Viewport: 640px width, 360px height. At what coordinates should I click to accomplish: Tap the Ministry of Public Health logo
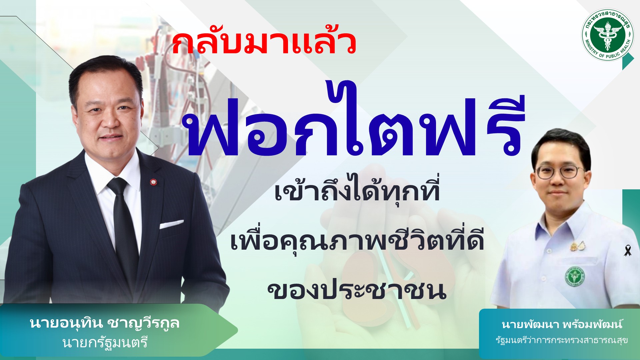tap(608, 35)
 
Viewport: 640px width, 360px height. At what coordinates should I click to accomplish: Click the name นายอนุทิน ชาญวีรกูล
tap(105, 323)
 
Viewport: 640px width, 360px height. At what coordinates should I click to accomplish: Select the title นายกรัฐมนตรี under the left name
tap(105, 342)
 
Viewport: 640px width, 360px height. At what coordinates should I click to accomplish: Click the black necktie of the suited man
tap(124, 227)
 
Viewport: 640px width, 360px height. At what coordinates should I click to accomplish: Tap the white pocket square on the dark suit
tap(171, 224)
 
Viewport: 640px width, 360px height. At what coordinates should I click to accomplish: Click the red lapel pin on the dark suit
tap(153, 182)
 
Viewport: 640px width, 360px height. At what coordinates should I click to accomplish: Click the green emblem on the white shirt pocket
tap(575, 276)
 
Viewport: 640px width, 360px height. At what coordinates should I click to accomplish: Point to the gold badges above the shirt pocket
tap(578, 246)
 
